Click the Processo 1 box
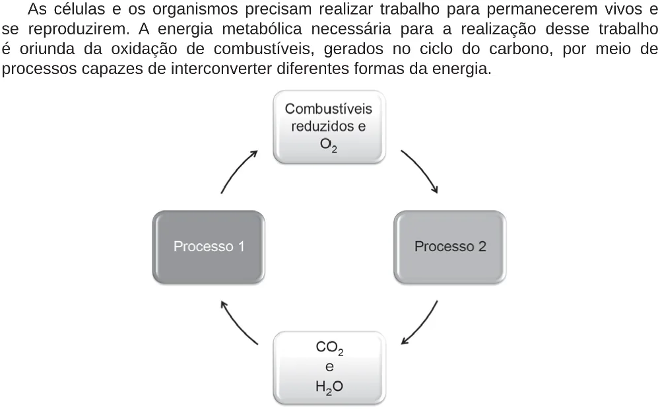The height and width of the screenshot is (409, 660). (209, 247)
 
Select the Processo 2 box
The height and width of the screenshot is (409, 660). (450, 247)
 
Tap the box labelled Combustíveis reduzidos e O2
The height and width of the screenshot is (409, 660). (329, 127)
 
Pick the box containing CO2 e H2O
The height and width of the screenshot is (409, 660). (329, 368)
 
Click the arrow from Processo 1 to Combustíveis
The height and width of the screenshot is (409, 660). (236, 170)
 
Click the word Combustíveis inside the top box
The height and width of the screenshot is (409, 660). (328, 108)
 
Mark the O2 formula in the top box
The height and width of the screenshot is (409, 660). (328, 145)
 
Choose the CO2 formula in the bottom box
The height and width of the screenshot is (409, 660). (329, 348)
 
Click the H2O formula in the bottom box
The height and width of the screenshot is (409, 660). (329, 387)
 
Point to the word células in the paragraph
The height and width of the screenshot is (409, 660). (79, 9)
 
